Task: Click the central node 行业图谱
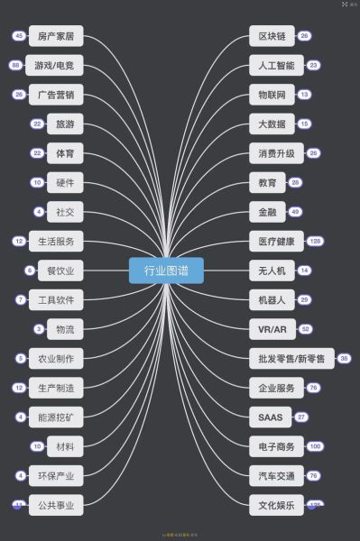[166, 270]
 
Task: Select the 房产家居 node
[55, 36]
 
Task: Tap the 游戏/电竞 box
[55, 66]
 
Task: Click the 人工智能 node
[272, 66]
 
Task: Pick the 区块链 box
[272, 36]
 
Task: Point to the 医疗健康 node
[272, 241]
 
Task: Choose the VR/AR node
[272, 328]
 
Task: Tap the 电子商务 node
[272, 445]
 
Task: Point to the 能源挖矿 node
[55, 417]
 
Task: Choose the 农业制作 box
[55, 358]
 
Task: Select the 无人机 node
[272, 270]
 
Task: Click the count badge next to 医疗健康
[316, 241]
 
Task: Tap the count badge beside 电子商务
[315, 445]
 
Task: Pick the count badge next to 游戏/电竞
[15, 66]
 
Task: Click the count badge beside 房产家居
[18, 36]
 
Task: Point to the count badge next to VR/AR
[306, 328]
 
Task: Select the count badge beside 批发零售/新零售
[344, 358]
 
